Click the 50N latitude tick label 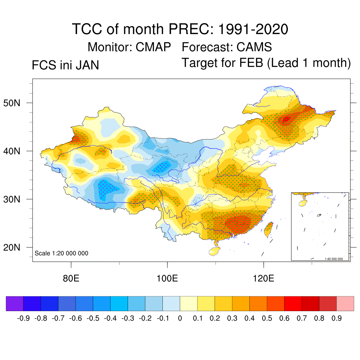coord(16,103)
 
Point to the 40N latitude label coord(16,152)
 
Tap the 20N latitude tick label coord(16,248)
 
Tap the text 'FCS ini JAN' coord(65,65)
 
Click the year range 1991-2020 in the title coord(253,29)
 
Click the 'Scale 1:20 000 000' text coord(62,253)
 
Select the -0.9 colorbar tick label coord(23,319)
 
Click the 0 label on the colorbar coord(180,319)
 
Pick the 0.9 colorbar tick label coord(336,319)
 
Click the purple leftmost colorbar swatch coord(15,303)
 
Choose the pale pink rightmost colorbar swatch coord(345,303)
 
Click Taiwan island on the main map coord(268,229)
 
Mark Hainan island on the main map coord(214,251)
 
